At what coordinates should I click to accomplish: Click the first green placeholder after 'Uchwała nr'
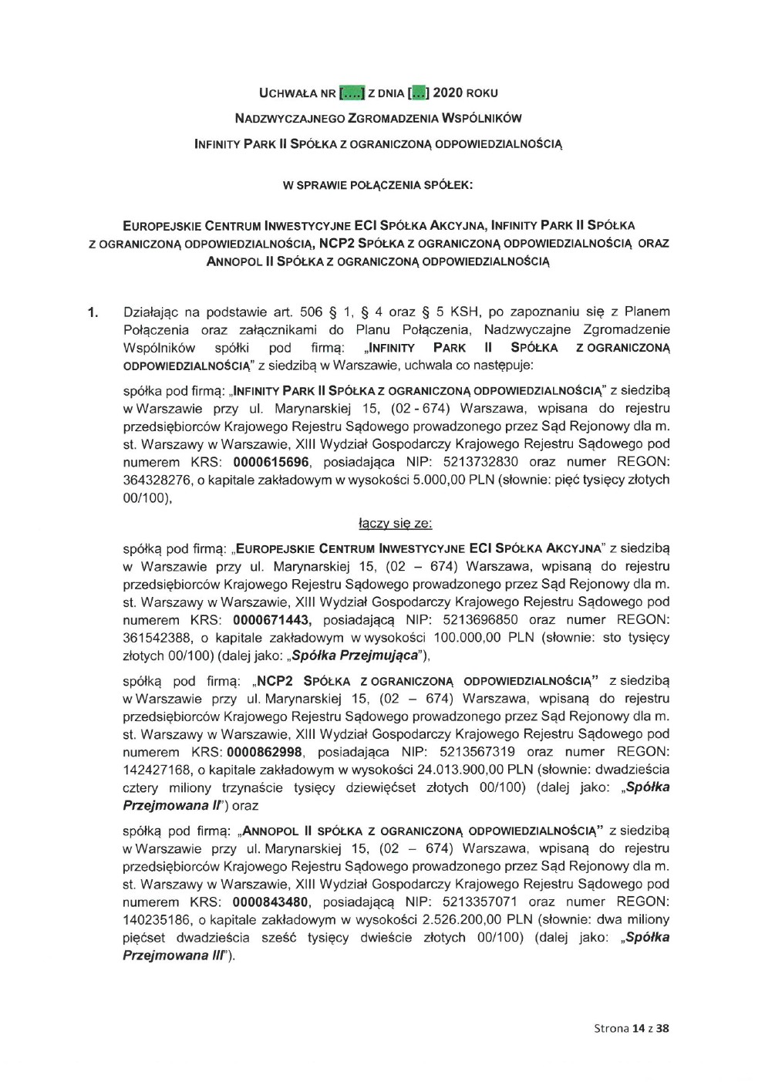tap(352, 93)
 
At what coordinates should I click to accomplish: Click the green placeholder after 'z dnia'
tap(417, 93)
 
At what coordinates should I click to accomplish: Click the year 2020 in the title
tap(447, 93)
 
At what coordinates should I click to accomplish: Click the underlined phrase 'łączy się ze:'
tap(396, 524)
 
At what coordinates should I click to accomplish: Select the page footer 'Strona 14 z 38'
tap(632, 1028)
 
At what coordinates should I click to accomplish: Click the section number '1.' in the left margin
tap(93, 312)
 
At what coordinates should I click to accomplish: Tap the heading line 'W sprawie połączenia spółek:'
tap(378, 185)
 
